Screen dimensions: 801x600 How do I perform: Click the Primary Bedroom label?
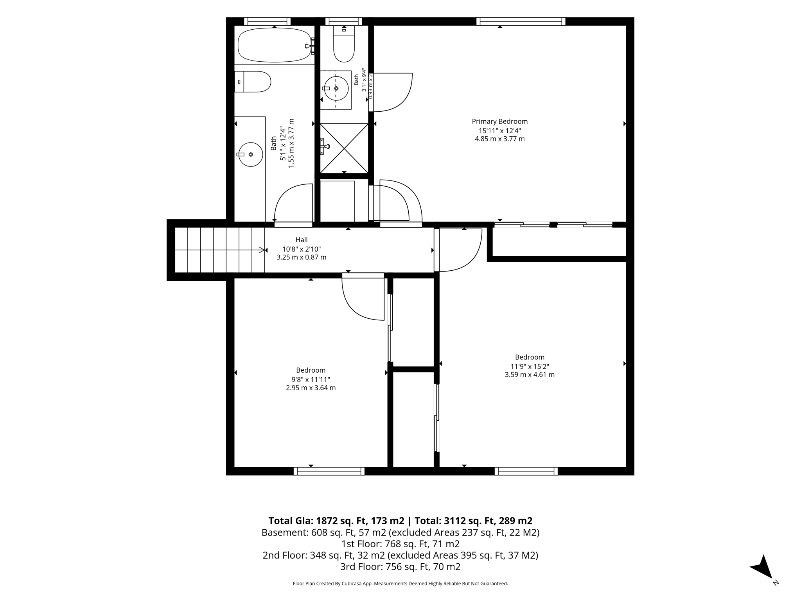pyautogui.click(x=499, y=121)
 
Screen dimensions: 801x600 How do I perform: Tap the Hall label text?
pyautogui.click(x=302, y=240)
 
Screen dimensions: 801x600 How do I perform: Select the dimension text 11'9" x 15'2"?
pyautogui.click(x=530, y=366)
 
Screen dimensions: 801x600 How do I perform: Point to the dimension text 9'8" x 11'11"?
pyautogui.click(x=311, y=380)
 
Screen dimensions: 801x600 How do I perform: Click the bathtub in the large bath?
pyautogui.click(x=276, y=45)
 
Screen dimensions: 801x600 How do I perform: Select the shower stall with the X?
pyautogui.click(x=344, y=148)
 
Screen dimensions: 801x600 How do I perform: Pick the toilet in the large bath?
pyautogui.click(x=253, y=82)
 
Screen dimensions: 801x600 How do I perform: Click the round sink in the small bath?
pyautogui.click(x=336, y=88)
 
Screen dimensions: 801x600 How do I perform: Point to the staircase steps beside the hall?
pyautogui.click(x=219, y=250)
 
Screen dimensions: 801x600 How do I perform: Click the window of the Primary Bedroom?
pyautogui.click(x=521, y=21)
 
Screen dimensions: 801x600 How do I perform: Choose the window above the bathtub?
pyautogui.click(x=268, y=21)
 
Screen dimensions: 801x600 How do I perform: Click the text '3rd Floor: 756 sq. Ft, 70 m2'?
pyautogui.click(x=400, y=566)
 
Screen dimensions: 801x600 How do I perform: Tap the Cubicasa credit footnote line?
pyautogui.click(x=400, y=584)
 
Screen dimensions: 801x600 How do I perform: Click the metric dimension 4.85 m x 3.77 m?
pyautogui.click(x=499, y=139)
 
